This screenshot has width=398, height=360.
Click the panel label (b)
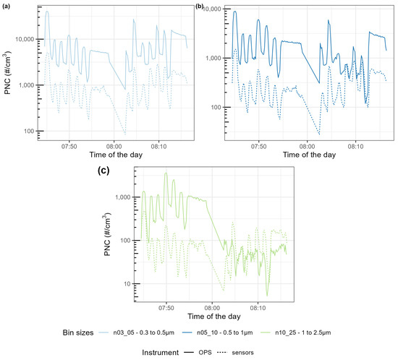click(200, 6)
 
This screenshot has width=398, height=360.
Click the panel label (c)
click(103, 171)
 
